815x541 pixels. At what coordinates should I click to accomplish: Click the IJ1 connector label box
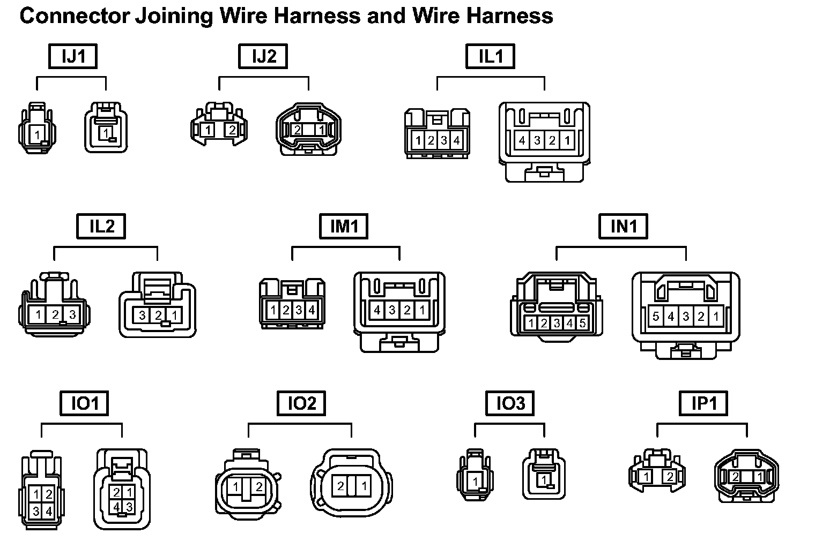tap(73, 56)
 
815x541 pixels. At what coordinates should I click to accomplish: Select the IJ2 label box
tap(263, 56)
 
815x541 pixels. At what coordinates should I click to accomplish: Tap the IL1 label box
tap(490, 56)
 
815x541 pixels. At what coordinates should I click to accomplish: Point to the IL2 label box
tap(101, 226)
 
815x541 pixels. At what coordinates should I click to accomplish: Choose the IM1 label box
tap(344, 226)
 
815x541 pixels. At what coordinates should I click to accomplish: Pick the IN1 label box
tap(623, 226)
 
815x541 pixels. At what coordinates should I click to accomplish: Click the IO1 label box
tap(84, 403)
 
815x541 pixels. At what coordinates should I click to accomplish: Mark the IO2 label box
tap(301, 403)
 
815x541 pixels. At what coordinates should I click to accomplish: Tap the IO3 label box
tap(510, 403)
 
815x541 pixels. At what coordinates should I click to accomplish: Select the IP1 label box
tap(703, 403)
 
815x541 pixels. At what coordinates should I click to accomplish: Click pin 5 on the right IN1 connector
tap(656, 317)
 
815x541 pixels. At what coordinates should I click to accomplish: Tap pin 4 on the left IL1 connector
tap(456, 141)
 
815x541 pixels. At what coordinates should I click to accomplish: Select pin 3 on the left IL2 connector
tap(72, 314)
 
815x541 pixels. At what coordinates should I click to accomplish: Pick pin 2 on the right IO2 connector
tap(340, 486)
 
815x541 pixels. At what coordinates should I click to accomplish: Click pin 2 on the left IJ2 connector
tap(232, 129)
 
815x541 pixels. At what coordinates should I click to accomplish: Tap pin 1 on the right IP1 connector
tap(759, 477)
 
